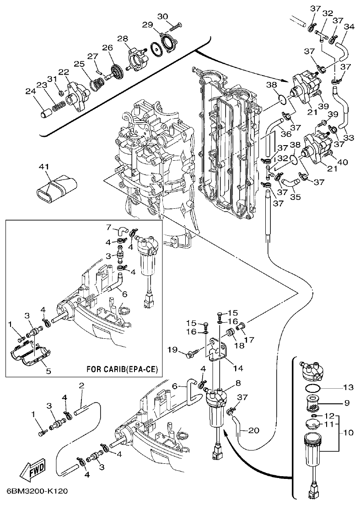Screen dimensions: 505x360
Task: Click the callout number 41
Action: pos(45,168)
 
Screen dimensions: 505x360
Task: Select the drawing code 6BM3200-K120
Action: pos(38,491)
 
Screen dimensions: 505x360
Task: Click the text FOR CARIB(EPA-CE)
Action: pos(122,369)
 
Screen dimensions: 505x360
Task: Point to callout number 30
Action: pos(163,16)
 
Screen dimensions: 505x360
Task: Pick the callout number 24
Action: pos(31,91)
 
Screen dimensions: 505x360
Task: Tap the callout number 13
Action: pos(348,387)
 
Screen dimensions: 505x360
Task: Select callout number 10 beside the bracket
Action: pos(349,432)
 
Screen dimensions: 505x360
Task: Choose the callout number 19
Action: pos(172,350)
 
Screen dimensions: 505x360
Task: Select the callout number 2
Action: pos(81,386)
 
